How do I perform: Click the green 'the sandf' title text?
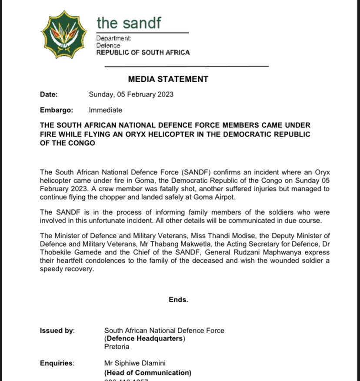129,23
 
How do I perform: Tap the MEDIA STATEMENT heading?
168,79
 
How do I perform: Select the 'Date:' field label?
48,94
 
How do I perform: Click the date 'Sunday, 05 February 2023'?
131,94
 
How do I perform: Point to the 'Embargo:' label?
57,110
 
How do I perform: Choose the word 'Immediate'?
105,110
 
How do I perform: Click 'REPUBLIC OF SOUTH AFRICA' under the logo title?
143,53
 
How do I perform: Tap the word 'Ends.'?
178,300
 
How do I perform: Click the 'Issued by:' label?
57,331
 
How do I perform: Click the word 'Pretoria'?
117,347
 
